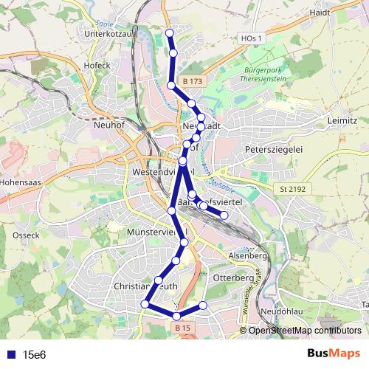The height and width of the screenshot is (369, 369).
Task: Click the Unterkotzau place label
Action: pos(112,33)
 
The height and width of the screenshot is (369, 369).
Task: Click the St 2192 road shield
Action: pos(292,189)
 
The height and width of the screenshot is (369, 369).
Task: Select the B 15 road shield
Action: pos(182,326)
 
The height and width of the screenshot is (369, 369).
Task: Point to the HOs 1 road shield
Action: pos(251,38)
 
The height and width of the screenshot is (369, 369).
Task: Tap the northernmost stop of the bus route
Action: pos(170,33)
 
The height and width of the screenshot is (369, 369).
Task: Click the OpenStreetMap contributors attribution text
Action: pos(304,330)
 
